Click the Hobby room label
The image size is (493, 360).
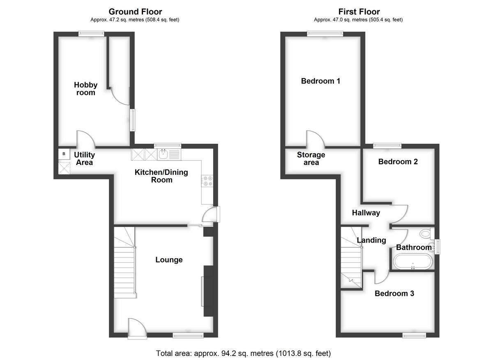coord(86,89)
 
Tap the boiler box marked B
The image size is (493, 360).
coord(64,154)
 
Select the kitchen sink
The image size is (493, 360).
coord(163,155)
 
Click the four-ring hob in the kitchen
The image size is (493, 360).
coord(207,181)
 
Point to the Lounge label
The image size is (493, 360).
coord(169,260)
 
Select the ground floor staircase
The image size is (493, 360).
coord(124,263)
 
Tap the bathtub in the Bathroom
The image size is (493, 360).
coord(412,261)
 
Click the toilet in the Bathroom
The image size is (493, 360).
coord(426,234)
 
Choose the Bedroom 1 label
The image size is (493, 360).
coord(320,81)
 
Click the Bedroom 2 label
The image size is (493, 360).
coord(398,162)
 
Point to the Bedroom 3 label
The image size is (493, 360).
coord(394,294)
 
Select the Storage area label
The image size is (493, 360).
coord(311,158)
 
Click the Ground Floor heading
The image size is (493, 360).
coord(135,11)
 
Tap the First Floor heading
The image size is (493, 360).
coord(359,11)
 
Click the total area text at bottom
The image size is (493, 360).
coord(243,353)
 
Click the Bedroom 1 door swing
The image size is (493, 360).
coord(316,140)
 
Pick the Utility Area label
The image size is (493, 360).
coord(84,158)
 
